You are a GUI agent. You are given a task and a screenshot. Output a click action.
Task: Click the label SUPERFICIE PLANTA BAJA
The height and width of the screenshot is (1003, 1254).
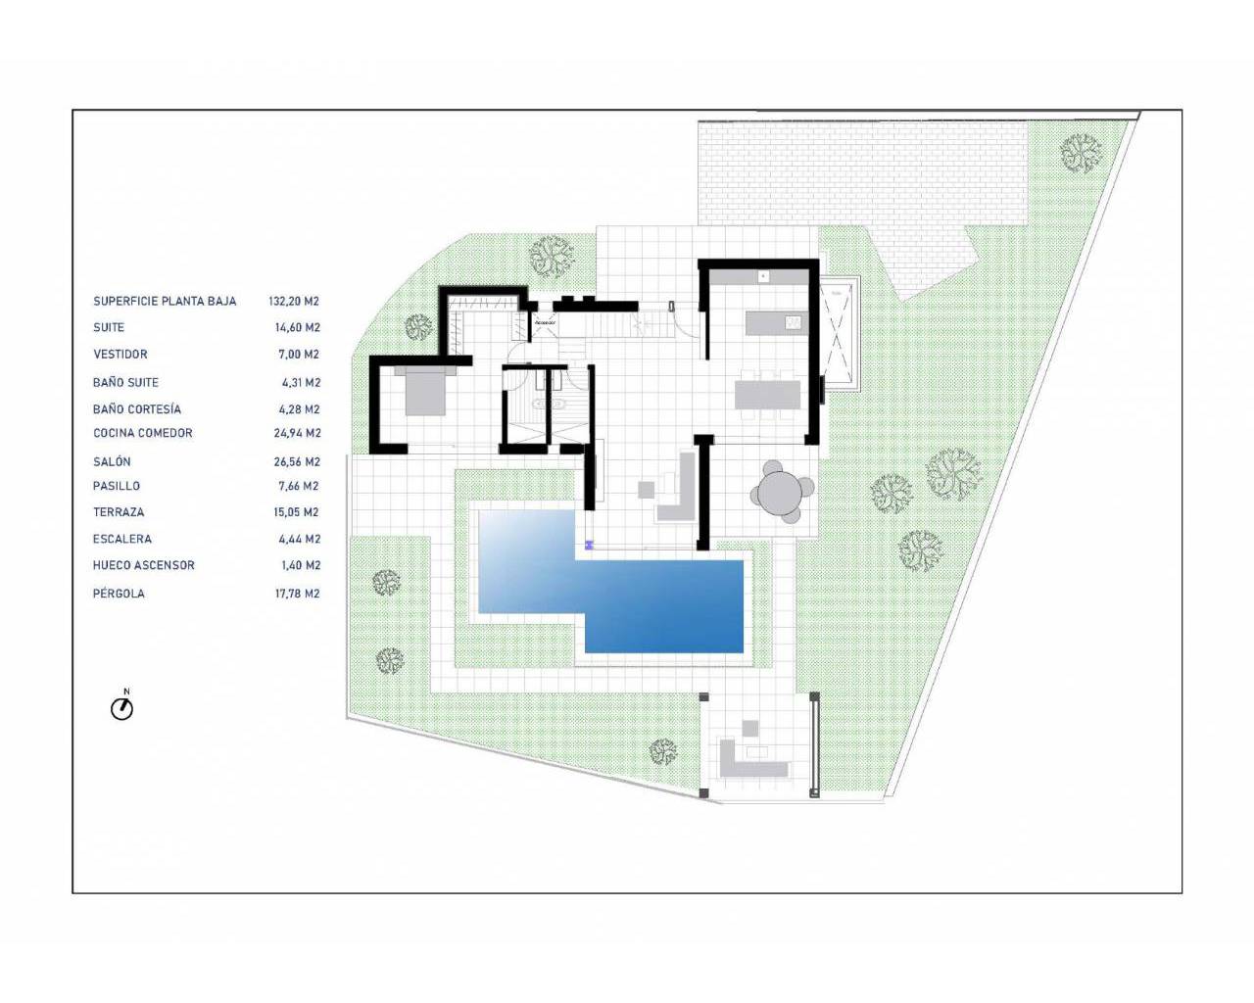tap(165, 302)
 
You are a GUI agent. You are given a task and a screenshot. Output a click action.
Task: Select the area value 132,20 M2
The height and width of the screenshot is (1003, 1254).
tap(294, 302)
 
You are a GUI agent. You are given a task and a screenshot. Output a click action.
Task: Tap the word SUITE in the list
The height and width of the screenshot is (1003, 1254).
tap(109, 328)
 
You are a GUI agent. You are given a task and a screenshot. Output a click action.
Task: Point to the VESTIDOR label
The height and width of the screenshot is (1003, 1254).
tap(121, 355)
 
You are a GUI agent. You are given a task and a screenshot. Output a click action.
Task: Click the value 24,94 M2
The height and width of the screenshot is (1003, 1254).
tap(297, 433)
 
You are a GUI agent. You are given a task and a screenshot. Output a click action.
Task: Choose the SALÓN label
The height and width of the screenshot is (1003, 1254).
tap(112, 461)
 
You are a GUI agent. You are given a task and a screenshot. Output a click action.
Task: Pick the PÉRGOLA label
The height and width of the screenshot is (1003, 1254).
tap(119, 594)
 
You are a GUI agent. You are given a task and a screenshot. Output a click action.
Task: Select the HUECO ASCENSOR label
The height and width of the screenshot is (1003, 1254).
tap(144, 565)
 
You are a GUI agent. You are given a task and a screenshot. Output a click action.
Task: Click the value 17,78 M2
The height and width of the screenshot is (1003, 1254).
tap(297, 594)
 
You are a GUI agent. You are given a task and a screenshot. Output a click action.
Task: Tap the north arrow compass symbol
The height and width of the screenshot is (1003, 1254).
tap(121, 707)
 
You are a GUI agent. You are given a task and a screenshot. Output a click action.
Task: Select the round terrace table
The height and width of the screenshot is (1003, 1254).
tap(781, 493)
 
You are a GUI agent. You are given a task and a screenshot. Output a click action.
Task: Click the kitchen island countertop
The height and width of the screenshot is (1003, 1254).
tap(774, 322)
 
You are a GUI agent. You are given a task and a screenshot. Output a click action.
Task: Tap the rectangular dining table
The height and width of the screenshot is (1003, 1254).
tap(767, 395)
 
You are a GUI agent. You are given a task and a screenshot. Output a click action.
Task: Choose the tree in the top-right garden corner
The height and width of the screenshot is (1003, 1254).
tap(1081, 153)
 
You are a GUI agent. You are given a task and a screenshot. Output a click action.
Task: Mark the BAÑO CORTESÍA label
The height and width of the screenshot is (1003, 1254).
tap(137, 409)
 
